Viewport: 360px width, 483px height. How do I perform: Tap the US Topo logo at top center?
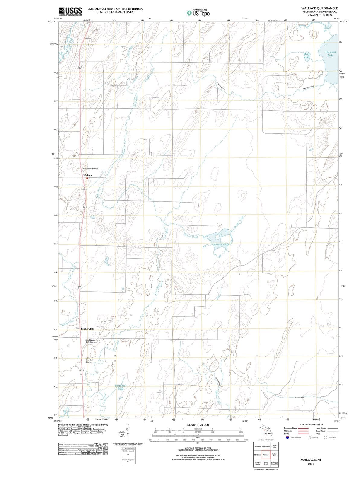[198, 13]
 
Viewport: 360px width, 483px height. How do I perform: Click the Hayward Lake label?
[330, 54]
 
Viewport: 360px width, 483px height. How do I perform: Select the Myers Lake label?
[307, 55]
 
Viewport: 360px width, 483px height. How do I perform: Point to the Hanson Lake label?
[221, 244]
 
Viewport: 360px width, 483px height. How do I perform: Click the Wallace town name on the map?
[88, 175]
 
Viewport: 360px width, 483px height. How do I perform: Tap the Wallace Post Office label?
[90, 169]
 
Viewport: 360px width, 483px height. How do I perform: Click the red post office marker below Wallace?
[87, 178]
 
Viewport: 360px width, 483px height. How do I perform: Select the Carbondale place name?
[87, 329]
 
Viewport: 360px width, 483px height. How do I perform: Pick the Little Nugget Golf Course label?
[90, 341]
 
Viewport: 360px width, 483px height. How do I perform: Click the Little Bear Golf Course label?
[88, 360]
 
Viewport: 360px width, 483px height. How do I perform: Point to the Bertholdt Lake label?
[121, 387]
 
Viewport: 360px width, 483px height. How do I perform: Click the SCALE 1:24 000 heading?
[198, 425]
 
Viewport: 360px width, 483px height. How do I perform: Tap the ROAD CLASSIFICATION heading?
[311, 424]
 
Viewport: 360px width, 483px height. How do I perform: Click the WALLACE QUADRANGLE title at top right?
[320, 8]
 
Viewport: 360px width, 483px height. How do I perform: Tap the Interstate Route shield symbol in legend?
[287, 437]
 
